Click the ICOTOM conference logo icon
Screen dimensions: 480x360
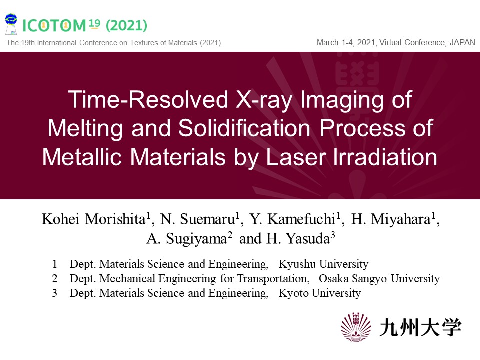click(x=11, y=24)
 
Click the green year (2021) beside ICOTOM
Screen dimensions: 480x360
click(x=126, y=25)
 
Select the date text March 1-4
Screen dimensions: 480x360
click(x=336, y=42)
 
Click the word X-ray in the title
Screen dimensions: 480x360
click(x=264, y=100)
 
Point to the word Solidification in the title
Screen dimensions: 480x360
click(x=244, y=128)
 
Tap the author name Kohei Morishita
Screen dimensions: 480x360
click(x=93, y=219)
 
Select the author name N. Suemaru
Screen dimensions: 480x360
click(x=197, y=219)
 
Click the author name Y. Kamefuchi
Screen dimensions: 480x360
click(x=292, y=219)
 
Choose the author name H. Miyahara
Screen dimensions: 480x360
click(x=391, y=219)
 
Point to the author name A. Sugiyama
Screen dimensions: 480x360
click(x=187, y=239)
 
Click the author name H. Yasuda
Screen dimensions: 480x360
click(x=298, y=239)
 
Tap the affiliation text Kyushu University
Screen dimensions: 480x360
click(x=323, y=264)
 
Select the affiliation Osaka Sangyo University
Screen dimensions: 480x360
click(x=379, y=279)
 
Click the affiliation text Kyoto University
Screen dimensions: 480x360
click(x=320, y=293)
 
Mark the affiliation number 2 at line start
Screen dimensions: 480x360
click(x=55, y=279)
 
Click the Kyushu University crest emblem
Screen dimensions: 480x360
click(x=355, y=327)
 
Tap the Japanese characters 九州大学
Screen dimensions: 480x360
click(x=421, y=328)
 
